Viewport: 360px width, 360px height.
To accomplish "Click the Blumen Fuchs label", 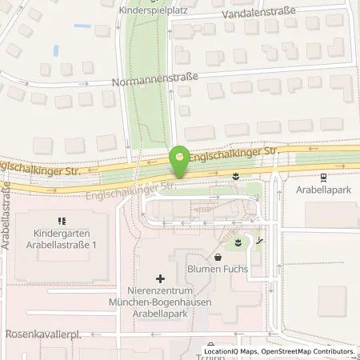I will (x=218, y=270).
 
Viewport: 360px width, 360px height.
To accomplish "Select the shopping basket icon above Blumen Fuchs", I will (x=218, y=257).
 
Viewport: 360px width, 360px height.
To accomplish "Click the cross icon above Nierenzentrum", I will (x=161, y=279).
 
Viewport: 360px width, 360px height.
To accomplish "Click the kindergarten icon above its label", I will (x=61, y=221).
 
